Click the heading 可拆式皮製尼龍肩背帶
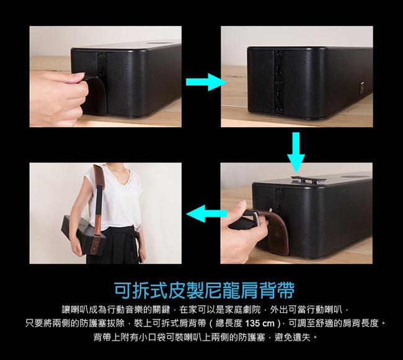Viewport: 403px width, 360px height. point(204,289)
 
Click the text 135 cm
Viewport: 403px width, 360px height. point(257,323)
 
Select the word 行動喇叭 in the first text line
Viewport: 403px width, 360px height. point(329,309)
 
